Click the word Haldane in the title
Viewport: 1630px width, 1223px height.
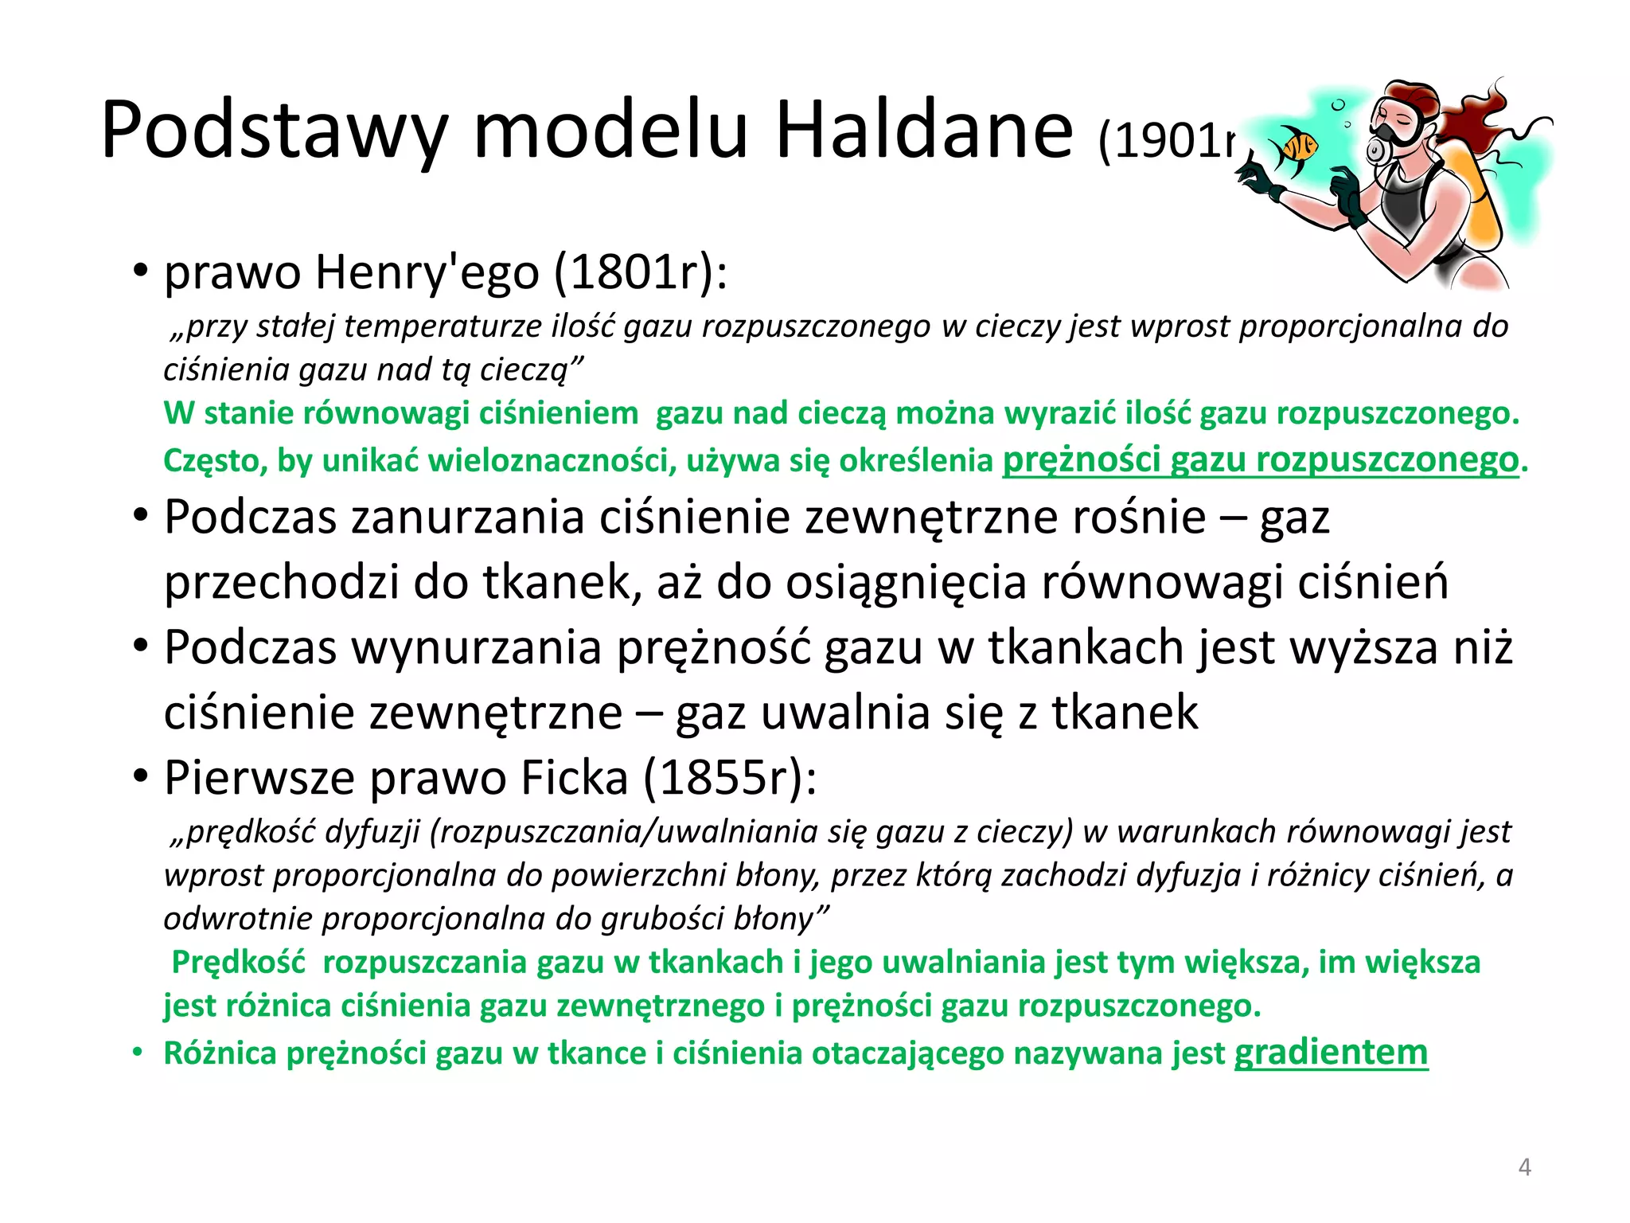(x=924, y=130)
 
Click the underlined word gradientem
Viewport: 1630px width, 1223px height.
(x=1331, y=1053)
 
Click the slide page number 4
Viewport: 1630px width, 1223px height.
(x=1524, y=1167)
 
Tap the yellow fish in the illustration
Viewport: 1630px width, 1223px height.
(x=1294, y=148)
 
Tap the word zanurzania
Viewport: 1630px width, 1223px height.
(x=468, y=518)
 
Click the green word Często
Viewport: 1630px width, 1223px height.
(x=213, y=461)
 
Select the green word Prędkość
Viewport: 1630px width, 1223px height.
(x=239, y=962)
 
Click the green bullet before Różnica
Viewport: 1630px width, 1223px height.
(x=138, y=1053)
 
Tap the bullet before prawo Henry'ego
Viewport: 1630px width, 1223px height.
(x=140, y=271)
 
